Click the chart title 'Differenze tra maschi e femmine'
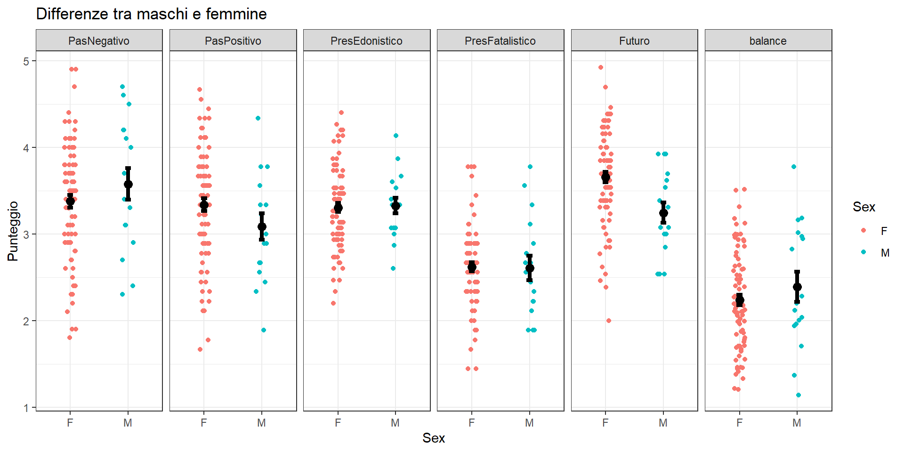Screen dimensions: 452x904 [x=151, y=14]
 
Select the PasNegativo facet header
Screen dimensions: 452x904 [x=99, y=41]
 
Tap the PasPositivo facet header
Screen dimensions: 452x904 [x=233, y=41]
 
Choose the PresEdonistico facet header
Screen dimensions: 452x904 [x=366, y=41]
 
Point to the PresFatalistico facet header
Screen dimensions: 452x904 [x=500, y=41]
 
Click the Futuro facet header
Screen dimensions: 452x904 [x=634, y=41]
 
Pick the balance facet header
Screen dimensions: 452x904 [x=768, y=41]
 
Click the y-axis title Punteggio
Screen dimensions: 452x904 [x=13, y=231]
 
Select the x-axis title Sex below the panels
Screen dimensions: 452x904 [x=434, y=438]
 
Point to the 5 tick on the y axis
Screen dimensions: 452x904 [x=26, y=61]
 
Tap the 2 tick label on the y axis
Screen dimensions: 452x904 [x=26, y=321]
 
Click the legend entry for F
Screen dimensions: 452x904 [x=884, y=231]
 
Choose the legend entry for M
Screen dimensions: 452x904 [x=885, y=253]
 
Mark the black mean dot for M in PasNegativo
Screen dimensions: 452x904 [x=128, y=184]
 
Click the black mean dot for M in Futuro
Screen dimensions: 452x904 [x=663, y=213]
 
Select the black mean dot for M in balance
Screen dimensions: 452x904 [x=797, y=287]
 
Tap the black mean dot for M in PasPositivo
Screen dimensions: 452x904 [x=262, y=226]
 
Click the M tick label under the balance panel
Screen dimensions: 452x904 [x=797, y=423]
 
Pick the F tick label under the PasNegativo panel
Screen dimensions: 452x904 [x=70, y=423]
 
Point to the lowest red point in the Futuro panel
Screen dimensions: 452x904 [x=609, y=321]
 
